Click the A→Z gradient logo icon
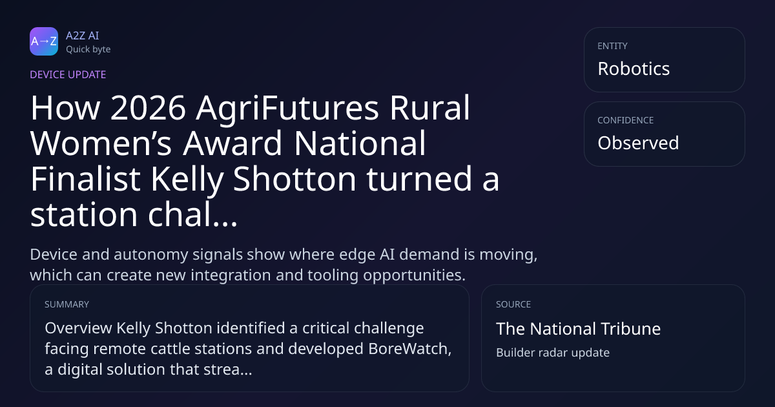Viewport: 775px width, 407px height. coord(44,41)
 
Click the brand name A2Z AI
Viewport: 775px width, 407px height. coord(83,36)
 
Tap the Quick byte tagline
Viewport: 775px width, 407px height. coord(88,50)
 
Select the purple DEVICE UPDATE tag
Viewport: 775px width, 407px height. coord(68,75)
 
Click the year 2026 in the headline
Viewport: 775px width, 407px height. coord(148,108)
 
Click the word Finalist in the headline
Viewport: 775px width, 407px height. coord(85,179)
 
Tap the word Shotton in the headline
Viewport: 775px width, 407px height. coord(294,179)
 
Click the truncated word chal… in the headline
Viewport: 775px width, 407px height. coord(192,214)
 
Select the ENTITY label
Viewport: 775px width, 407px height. coord(612,46)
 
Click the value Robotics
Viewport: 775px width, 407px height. coord(634,68)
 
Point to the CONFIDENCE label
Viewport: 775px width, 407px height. coord(626,120)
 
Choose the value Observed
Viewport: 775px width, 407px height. coord(638,143)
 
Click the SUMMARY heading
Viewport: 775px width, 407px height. coord(67,304)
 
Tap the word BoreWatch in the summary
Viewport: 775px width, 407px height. coord(409,349)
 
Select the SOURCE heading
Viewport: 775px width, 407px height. coord(513,304)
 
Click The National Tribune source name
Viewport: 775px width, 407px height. coord(578,329)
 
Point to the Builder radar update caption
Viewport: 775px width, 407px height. coord(553,353)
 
